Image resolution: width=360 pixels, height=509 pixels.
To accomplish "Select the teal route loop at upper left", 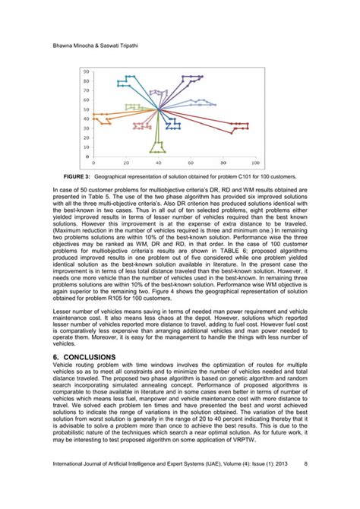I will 126,81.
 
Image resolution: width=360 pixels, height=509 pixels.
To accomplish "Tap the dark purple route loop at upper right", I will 191,78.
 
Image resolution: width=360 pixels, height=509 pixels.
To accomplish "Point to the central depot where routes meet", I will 158,111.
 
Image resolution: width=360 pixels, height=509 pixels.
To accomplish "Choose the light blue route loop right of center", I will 201,102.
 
